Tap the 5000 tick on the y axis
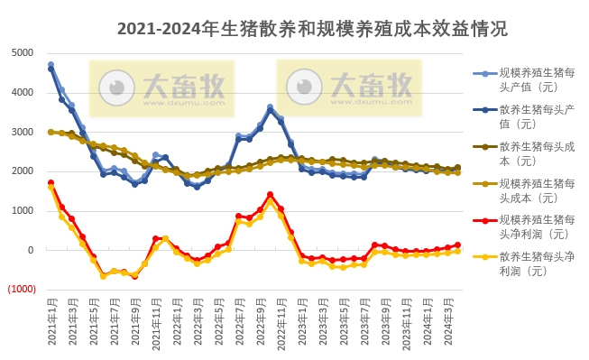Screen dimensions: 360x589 tap(22, 52)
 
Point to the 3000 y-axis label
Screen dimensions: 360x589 tap(22, 132)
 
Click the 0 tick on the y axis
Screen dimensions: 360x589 tap(30, 250)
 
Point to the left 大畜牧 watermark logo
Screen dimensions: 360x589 tap(161, 87)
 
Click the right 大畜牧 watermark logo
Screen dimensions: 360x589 tap(348, 86)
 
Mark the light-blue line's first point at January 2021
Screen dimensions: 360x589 tap(51, 65)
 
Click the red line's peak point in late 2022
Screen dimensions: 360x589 tap(270, 194)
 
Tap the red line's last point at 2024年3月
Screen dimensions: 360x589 tap(456, 245)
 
